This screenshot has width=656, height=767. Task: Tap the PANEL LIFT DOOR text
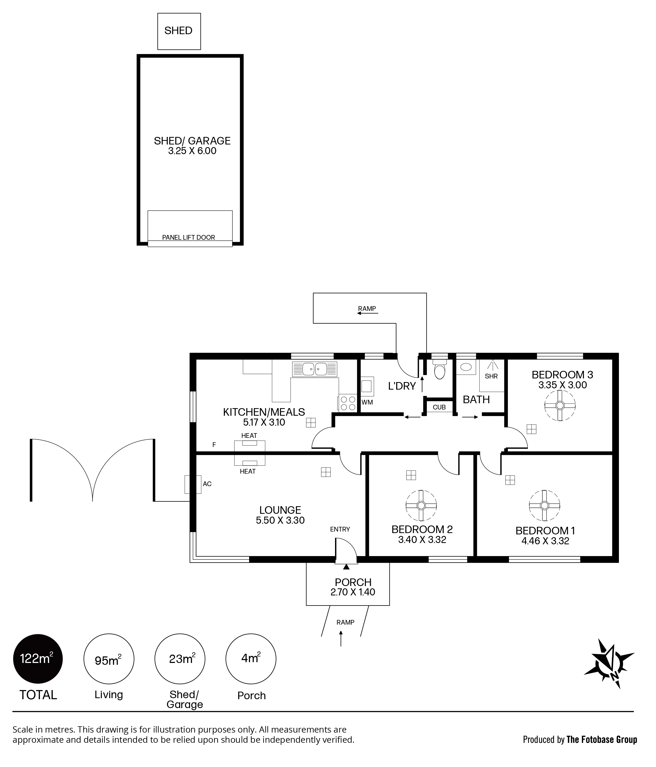(189, 237)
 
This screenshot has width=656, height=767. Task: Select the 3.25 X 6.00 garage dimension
(192, 151)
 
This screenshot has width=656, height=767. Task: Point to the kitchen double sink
(315, 369)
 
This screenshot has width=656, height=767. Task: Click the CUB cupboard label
(439, 407)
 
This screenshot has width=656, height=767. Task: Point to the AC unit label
(207, 484)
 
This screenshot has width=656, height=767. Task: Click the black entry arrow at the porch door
(346, 566)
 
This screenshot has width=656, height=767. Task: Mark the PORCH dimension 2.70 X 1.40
(353, 592)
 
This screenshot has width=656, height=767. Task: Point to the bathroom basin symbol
(466, 367)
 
